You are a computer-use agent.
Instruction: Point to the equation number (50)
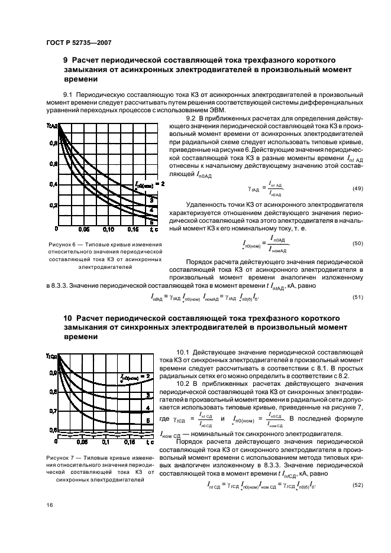coord(357,243)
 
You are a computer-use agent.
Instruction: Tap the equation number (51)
coord(357,297)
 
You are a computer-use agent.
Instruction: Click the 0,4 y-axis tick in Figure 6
coord(52,184)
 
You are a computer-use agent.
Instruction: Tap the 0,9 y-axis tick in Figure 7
coord(52,373)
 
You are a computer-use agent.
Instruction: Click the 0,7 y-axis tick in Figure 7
coord(52,411)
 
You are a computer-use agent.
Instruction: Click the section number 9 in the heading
coord(66,60)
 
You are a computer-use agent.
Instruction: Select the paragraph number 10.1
coord(184,351)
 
